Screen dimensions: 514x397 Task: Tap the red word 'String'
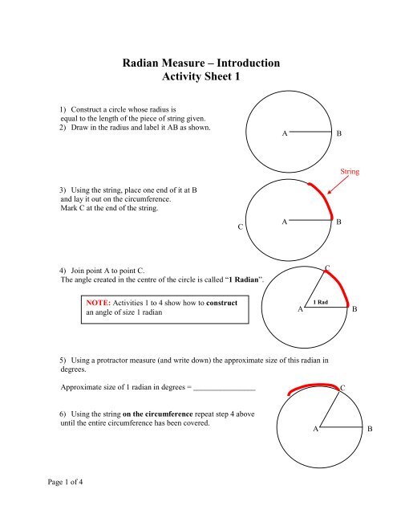point(350,171)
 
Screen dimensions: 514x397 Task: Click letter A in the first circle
point(285,134)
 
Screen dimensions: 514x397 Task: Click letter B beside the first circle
point(339,134)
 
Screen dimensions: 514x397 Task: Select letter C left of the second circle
point(241,228)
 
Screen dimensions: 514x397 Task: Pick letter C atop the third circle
point(326,266)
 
